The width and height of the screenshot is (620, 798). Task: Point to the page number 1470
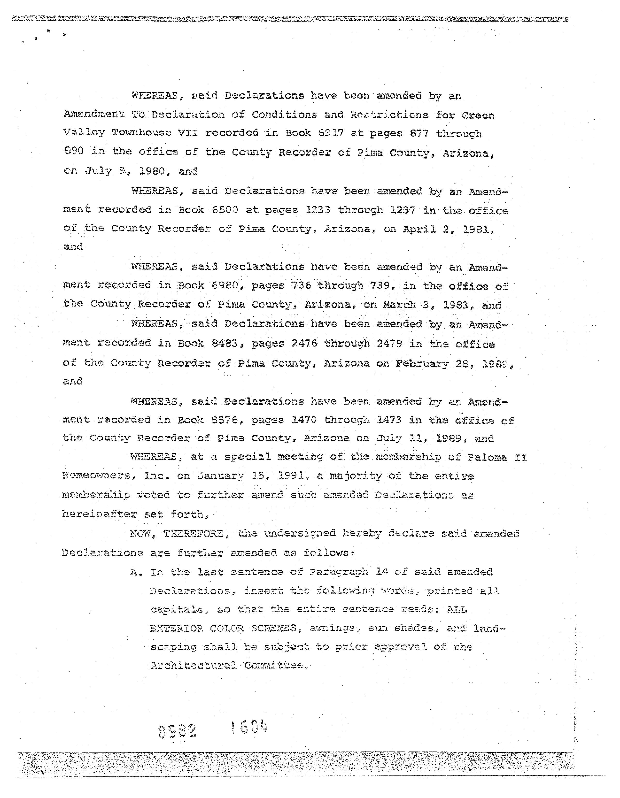304,420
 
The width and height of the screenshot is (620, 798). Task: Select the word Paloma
487,457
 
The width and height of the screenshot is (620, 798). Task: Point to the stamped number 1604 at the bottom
250,727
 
